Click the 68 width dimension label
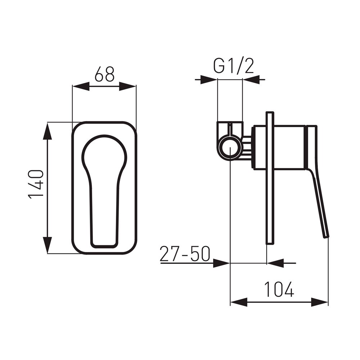point(104,74)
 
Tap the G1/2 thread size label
point(234,66)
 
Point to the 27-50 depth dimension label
point(185,254)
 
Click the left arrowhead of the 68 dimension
point(81,86)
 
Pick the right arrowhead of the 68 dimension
point(128,86)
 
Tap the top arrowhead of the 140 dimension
point(47,131)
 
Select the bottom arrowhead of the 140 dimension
point(47,245)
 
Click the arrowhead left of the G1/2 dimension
point(209,80)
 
